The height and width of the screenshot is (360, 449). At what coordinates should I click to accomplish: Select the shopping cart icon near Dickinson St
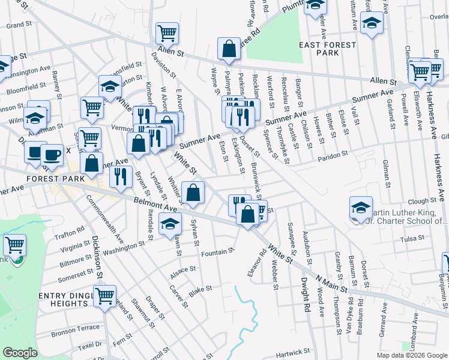(104, 295)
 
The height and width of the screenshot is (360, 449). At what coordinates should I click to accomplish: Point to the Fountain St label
(217, 252)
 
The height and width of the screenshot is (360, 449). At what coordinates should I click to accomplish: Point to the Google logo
(20, 353)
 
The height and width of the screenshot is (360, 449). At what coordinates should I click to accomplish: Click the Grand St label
(19, 25)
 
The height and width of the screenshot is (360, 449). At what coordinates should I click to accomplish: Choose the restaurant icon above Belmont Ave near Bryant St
(121, 176)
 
